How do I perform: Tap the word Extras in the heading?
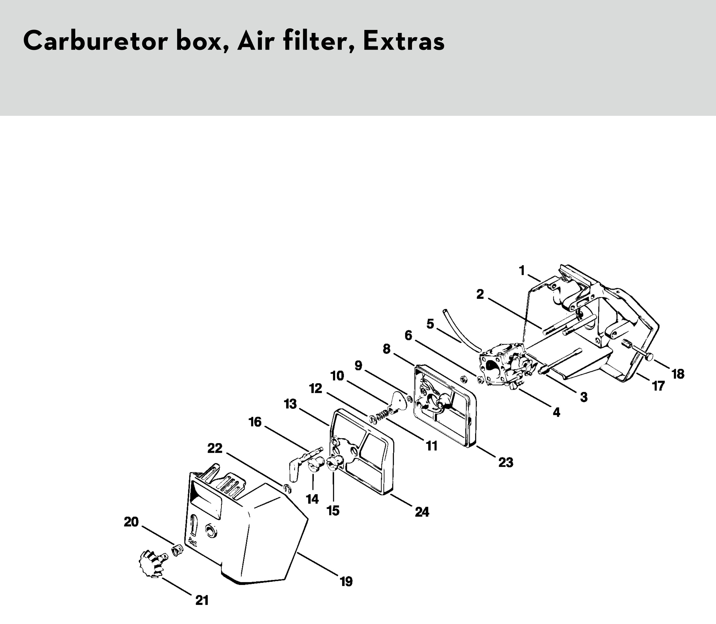pos(404,41)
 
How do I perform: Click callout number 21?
pos(202,600)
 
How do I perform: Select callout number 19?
pos(346,581)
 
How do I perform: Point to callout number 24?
pos(422,512)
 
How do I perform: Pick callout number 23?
pos(506,462)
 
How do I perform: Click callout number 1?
pos(522,270)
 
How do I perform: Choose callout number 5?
pos(430,324)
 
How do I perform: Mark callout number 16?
pos(255,422)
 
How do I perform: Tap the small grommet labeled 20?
pos(177,550)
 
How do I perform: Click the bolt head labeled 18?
pos(649,357)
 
